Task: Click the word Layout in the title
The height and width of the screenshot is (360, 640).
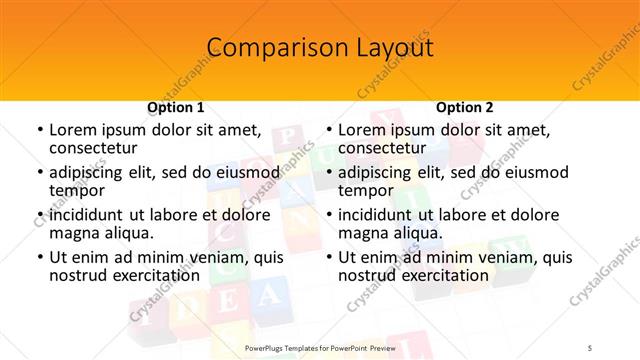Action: (x=391, y=47)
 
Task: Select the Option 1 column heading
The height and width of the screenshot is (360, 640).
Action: (x=176, y=107)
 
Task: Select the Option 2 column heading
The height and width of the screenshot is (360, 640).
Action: (x=465, y=107)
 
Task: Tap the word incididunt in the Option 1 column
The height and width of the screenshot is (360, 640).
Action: (x=86, y=215)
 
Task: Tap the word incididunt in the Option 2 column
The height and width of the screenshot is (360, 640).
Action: (x=375, y=215)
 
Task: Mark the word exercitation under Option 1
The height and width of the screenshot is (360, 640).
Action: (x=149, y=275)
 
